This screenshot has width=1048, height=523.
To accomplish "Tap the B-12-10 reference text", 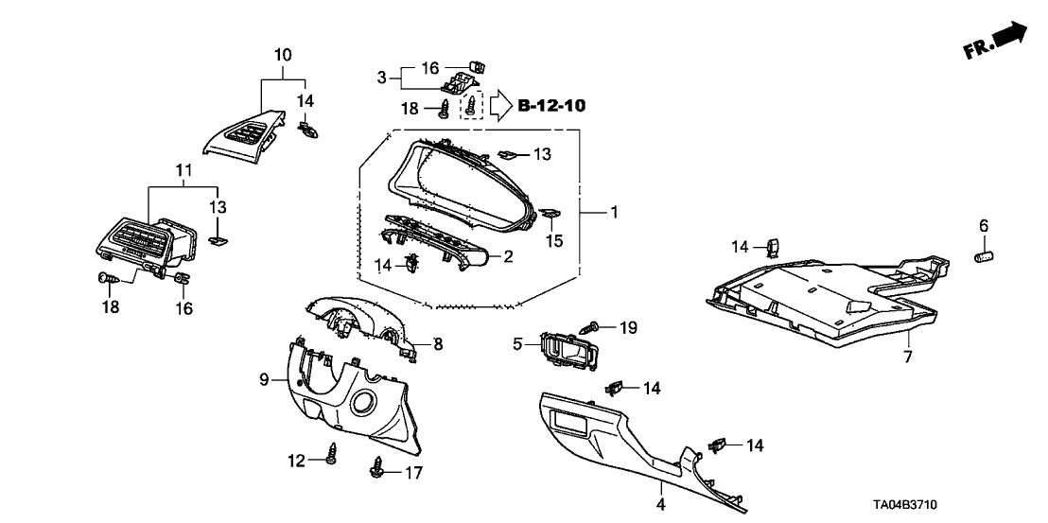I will click(552, 105).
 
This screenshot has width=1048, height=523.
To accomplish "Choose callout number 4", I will click(661, 504).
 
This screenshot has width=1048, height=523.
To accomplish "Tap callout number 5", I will click(518, 344).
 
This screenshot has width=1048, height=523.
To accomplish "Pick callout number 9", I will click(265, 380).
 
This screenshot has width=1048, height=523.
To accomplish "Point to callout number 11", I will click(157, 170).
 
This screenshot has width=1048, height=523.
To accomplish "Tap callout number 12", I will click(298, 461).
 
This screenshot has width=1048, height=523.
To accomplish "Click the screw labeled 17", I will click(378, 466).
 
